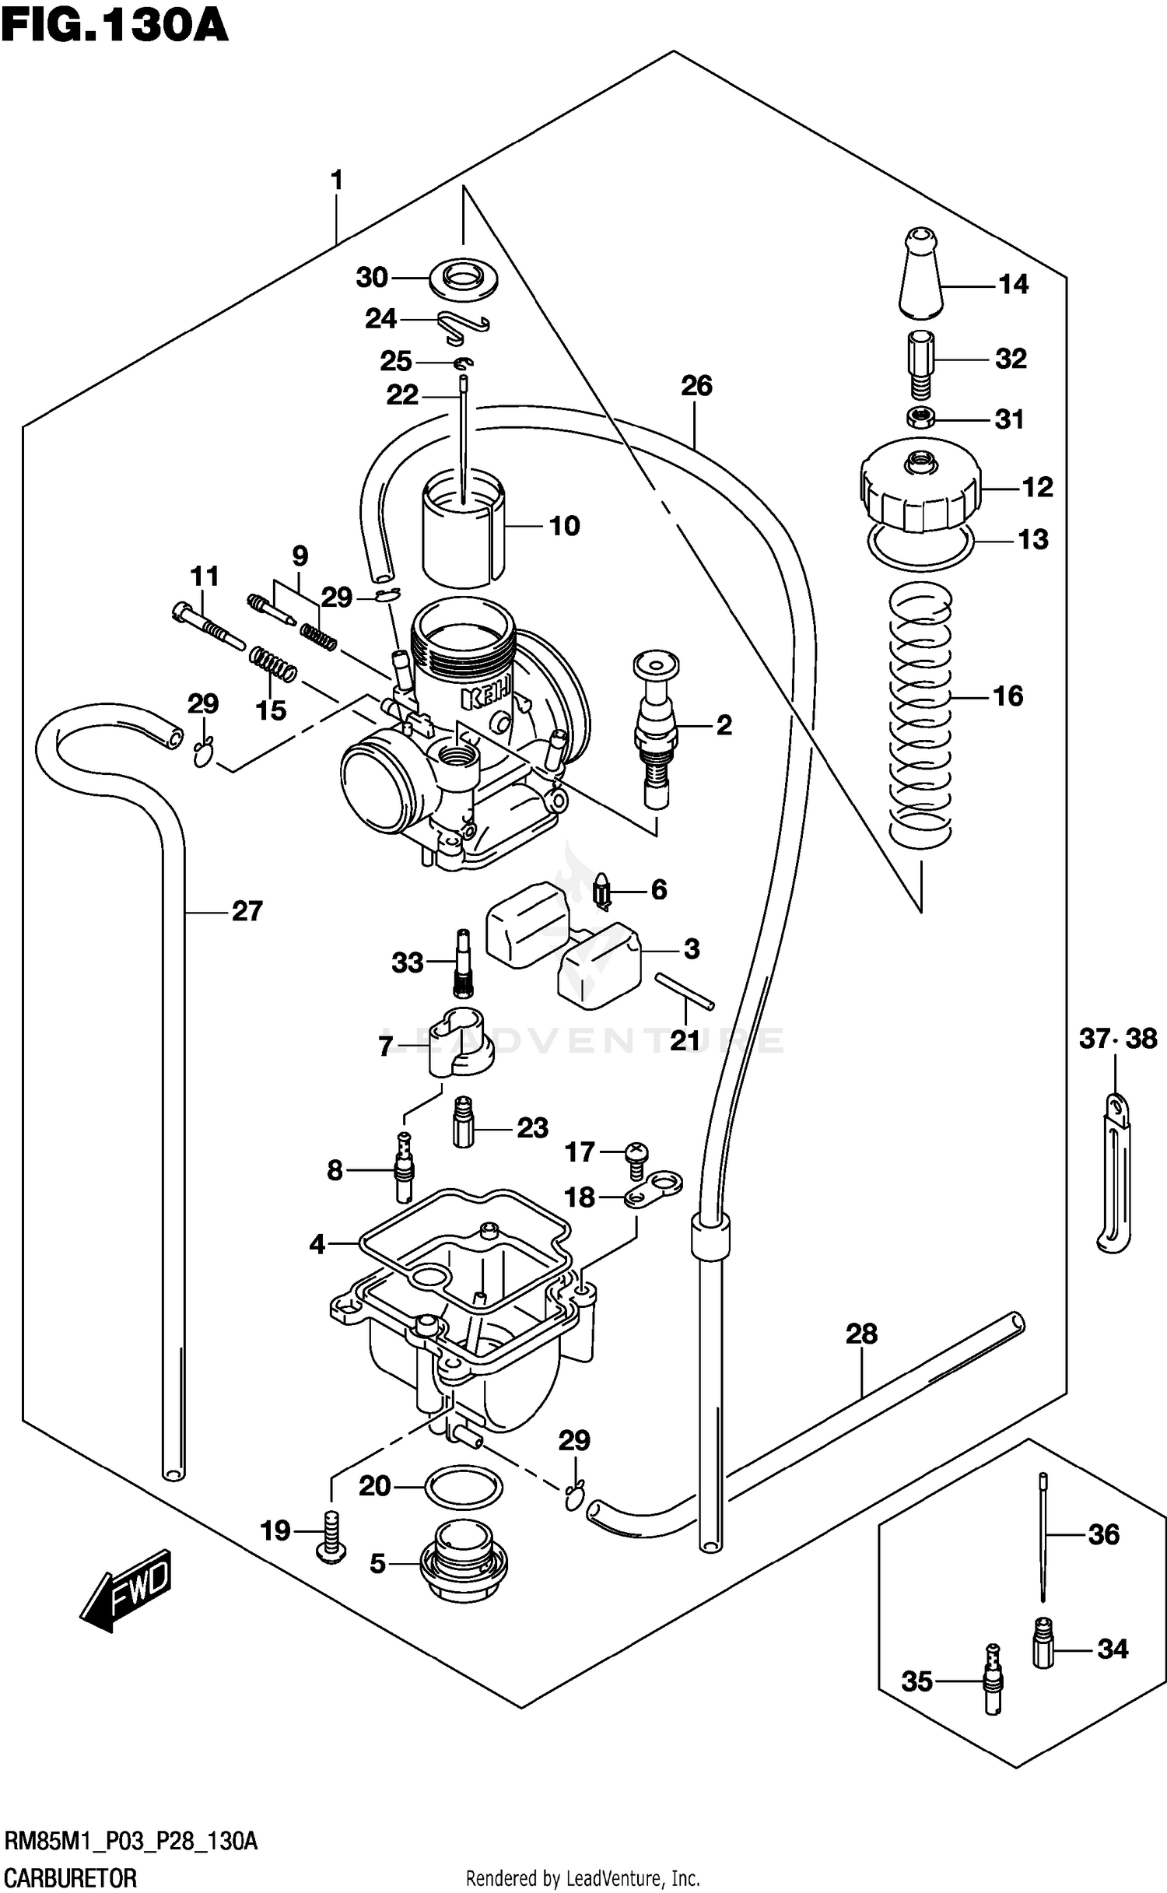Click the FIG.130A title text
114,26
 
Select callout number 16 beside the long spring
1008,696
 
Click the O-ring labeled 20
464,1486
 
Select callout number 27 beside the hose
247,911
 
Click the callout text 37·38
1118,1039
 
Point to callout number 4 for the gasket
317,1245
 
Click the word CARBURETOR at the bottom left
70,1878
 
